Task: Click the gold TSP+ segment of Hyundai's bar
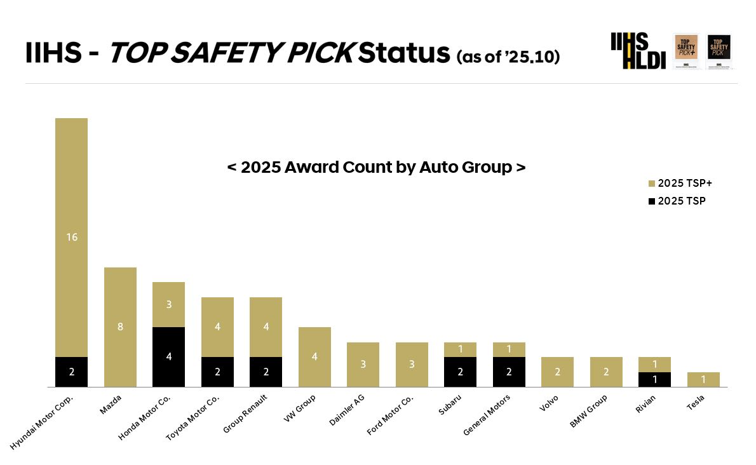[71, 237]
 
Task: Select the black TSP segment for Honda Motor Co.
[168, 357]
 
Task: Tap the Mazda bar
[120, 327]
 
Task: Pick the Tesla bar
[703, 379]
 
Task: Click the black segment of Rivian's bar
[654, 379]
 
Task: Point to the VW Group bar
[314, 357]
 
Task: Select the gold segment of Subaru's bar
[460, 349]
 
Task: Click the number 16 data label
[71, 237]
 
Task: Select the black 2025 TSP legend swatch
[651, 201]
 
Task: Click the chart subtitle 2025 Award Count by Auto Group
[376, 168]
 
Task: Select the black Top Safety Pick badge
[719, 51]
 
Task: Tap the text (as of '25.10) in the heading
[508, 56]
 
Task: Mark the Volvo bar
[557, 372]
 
